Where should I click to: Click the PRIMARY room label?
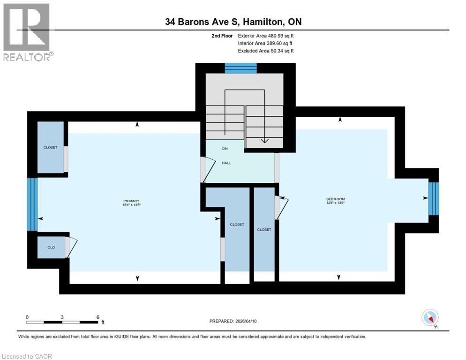coord(132,201)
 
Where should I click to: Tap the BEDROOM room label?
coord(335,199)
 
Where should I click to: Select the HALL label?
coord(226,163)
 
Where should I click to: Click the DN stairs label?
coord(225,149)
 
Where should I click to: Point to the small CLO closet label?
coord(51,247)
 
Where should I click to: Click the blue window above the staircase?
coord(241,68)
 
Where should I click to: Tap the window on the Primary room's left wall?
coord(32,204)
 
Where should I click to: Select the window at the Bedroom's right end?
coord(434,198)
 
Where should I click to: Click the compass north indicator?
coord(430,318)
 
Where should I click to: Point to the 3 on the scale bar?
coord(62,317)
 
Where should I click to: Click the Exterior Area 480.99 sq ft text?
coord(266,36)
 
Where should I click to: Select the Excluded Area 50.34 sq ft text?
coord(266,51)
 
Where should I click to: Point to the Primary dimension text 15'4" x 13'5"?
coord(132,205)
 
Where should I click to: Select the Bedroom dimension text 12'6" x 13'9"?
coord(335,203)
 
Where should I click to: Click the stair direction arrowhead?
coord(264,139)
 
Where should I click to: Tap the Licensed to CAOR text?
coord(27,356)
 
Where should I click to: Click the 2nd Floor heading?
coord(223,36)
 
